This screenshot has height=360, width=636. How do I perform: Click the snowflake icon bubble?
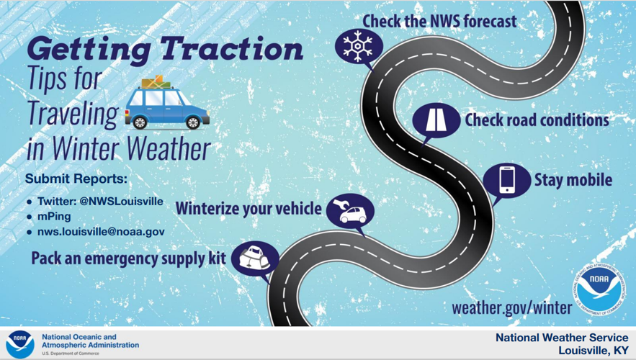click(359, 47)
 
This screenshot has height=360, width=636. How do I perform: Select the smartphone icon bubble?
click(506, 181)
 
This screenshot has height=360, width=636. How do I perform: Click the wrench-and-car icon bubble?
click(351, 212)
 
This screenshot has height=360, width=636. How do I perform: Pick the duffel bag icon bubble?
click(255, 259)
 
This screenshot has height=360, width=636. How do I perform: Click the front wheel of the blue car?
click(192, 122)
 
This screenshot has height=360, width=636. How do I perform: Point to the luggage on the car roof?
click(156, 82)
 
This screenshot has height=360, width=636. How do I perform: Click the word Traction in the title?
click(232, 49)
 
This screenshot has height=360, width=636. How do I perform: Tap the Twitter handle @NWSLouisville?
click(121, 202)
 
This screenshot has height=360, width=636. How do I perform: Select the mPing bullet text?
click(54, 217)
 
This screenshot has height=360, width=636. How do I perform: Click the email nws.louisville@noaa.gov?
click(101, 232)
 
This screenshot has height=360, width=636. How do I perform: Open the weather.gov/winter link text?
click(512, 307)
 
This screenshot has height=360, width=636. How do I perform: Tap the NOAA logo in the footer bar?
click(20, 344)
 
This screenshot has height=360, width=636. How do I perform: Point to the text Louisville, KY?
click(593, 350)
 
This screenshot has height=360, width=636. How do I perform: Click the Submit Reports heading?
click(76, 179)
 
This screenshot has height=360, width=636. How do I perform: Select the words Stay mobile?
click(573, 180)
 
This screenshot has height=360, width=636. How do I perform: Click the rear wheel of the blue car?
click(140, 122)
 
